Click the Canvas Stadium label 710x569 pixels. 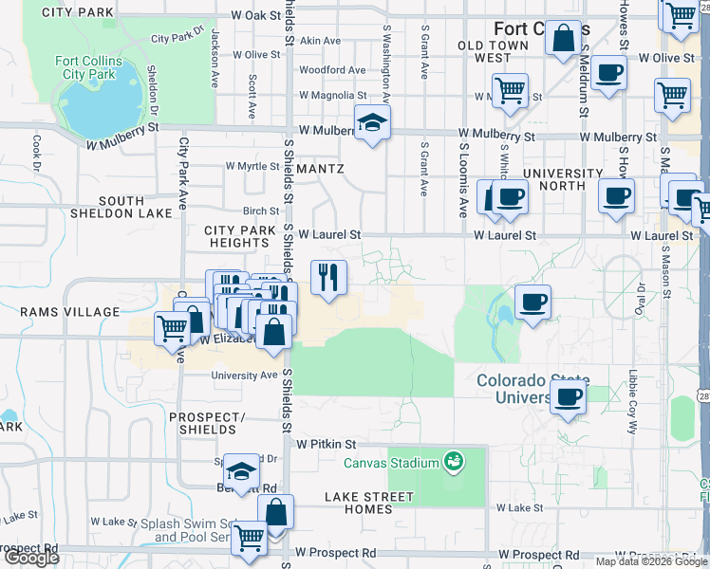click(x=390, y=463)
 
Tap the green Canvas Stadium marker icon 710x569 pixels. click(x=455, y=462)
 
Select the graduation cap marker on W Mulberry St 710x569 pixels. click(x=372, y=122)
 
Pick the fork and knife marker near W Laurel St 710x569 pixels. click(x=328, y=277)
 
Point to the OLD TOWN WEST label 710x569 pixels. click(x=492, y=51)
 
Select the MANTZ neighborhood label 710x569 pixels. click(x=320, y=168)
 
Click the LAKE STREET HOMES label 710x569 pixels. click(x=369, y=503)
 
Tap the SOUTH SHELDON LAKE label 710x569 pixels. click(x=121, y=208)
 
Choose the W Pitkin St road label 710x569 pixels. click(x=326, y=444)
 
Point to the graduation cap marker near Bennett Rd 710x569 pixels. click(x=242, y=471)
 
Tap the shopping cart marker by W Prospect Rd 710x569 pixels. click(x=250, y=538)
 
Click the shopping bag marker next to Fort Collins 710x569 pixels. click(x=563, y=39)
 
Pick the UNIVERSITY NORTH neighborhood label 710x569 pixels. click(x=562, y=179)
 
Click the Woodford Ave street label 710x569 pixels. click(x=331, y=70)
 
